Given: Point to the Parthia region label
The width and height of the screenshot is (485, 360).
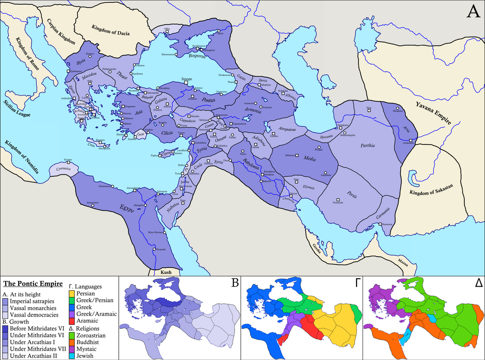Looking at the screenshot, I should (x=368, y=145).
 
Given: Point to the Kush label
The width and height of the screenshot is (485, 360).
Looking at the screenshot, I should (x=166, y=272).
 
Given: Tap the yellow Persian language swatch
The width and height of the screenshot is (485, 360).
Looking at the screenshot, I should (x=71, y=294).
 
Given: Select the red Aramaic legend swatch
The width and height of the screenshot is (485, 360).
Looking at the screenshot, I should (x=71, y=321).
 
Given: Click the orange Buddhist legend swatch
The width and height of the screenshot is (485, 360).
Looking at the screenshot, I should (x=71, y=342).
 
